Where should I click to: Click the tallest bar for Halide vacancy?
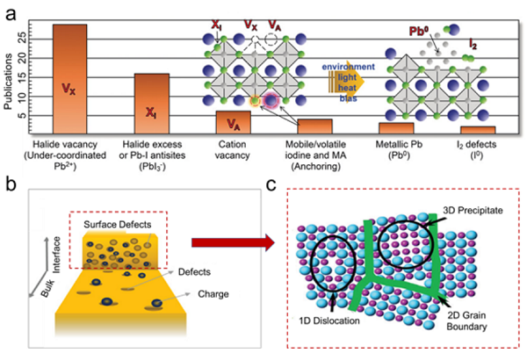point(69,79)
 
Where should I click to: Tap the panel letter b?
point(10,184)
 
